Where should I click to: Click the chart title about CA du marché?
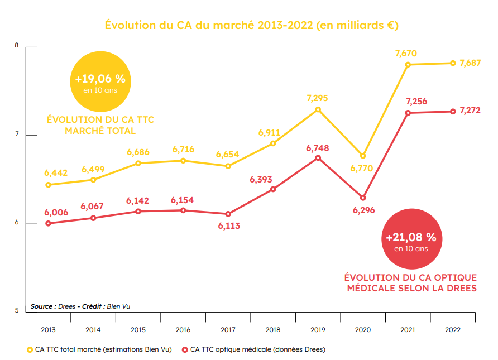pyautogui.click(x=252, y=25)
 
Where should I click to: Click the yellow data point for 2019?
pyautogui.click(x=318, y=109)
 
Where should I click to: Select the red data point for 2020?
pyautogui.click(x=363, y=198)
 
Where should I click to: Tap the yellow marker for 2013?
pyautogui.click(x=48, y=185)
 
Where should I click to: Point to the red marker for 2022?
pyautogui.click(x=453, y=112)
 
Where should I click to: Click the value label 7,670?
pyautogui.click(x=406, y=54)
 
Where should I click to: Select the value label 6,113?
pyautogui.click(x=229, y=226)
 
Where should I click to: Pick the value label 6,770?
pyautogui.click(x=361, y=168)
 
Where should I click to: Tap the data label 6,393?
pyautogui.click(x=261, y=180)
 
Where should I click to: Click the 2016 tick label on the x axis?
pyautogui.click(x=183, y=330)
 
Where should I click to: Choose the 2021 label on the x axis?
pyautogui.click(x=408, y=330)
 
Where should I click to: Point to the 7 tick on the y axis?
pyautogui.click(x=17, y=135)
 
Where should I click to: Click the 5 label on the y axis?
pyautogui.click(x=17, y=310)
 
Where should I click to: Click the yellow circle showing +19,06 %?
pyautogui.click(x=100, y=81)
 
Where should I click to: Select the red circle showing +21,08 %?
pyautogui.click(x=411, y=239)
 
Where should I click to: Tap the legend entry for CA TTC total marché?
pyautogui.click(x=99, y=349)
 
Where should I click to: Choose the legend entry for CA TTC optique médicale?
pyautogui.click(x=254, y=349)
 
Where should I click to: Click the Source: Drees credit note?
pyautogui.click(x=80, y=306)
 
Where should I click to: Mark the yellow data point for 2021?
pyautogui.click(x=408, y=65)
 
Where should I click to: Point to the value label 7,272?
pyautogui.click(x=470, y=111)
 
